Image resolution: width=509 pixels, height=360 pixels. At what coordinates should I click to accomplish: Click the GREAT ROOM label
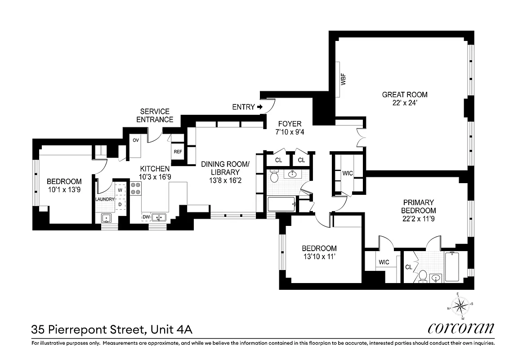tap(405, 94)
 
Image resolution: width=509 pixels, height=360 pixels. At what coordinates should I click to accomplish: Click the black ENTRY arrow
tap(260, 107)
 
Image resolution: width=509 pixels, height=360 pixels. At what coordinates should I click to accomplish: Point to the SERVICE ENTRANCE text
tap(155, 116)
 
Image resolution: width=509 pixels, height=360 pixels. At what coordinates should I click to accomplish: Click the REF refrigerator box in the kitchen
tap(178, 152)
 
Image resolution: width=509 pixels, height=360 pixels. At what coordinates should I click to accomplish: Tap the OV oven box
tap(135, 140)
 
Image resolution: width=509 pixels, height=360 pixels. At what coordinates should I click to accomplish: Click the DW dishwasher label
tap(146, 217)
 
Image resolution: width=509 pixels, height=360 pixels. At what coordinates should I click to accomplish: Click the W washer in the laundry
tap(120, 190)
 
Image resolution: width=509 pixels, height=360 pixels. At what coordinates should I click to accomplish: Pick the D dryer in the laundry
tap(120, 204)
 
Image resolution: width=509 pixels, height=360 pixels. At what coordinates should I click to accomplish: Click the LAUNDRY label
tap(105, 199)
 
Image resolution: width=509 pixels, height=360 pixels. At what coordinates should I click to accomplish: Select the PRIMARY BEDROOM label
tap(419, 207)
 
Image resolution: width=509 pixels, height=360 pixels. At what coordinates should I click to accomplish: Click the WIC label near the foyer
tap(348, 173)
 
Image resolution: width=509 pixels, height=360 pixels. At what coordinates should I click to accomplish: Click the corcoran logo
tap(461, 328)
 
